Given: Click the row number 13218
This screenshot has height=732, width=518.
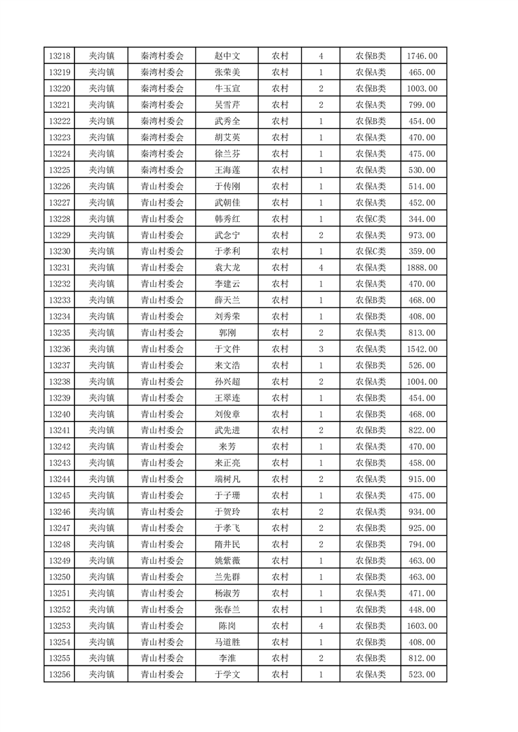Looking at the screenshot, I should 59,56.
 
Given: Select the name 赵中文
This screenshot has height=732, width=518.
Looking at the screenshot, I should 227,56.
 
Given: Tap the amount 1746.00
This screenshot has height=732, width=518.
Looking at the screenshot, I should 422,56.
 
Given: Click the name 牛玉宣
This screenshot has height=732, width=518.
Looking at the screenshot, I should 227,89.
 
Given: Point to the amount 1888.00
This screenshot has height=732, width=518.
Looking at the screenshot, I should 422,267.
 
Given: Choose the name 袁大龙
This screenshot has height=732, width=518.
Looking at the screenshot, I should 227,267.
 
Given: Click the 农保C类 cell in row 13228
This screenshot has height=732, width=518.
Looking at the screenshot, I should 370,219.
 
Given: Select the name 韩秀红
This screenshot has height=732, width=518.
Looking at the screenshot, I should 227,219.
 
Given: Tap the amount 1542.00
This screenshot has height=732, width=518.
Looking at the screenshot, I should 422,349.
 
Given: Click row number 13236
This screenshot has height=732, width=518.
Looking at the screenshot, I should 59,349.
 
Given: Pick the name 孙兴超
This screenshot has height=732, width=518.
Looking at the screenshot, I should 227,382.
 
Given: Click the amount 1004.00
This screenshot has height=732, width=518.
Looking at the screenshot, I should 422,382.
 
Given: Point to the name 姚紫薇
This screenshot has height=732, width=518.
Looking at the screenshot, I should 227,560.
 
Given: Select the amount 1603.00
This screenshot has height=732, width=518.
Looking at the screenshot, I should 422,626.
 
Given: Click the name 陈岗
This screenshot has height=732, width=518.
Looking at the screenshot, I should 227,626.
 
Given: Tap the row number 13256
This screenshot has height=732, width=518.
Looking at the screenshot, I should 59,675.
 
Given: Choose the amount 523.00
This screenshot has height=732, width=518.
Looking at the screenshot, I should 422,675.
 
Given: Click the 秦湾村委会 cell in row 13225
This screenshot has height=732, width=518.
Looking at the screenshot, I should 163,170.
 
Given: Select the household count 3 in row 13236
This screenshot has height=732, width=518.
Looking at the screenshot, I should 321,349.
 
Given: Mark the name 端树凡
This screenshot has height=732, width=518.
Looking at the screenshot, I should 227,480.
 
